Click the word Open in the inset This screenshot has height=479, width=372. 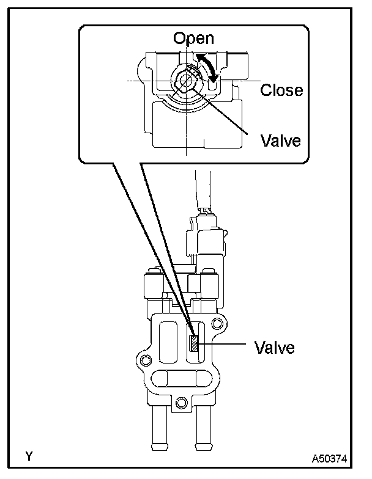pos(193,38)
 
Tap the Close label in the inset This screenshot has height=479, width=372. pos(281,90)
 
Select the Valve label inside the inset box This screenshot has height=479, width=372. pos(281,141)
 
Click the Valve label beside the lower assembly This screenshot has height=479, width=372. pos(275,348)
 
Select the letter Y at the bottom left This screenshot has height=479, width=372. pos(28,455)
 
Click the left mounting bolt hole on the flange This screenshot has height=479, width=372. pos(145,357)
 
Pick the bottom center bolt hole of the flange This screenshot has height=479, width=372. pos(180,402)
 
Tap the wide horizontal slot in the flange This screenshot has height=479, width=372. pos(180,380)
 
